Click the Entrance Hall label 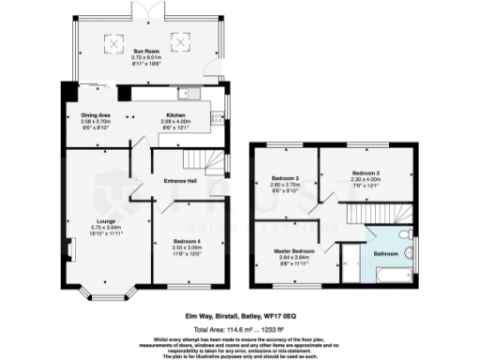[x=178, y=180]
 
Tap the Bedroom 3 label [x=283, y=178]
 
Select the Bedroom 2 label [x=365, y=173]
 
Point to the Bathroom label [x=386, y=254]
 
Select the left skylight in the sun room [x=114, y=42]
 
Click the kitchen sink [x=217, y=117]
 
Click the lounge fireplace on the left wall [x=68, y=250]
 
